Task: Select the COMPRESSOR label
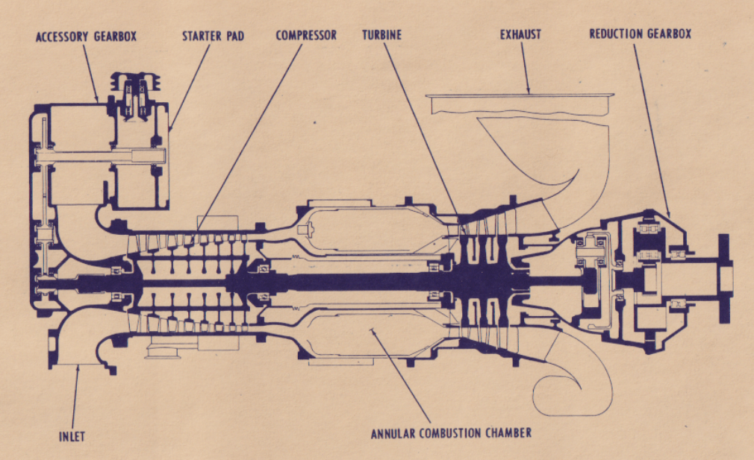point(306,35)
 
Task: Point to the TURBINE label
point(382,35)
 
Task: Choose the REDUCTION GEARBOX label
point(640,34)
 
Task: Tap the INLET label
point(72,437)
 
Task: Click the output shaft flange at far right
point(723,277)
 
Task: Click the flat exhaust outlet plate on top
point(520,95)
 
